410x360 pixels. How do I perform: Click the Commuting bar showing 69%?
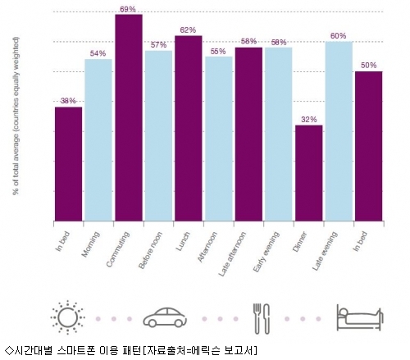tap(129, 117)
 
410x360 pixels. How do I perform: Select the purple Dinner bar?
tap(309, 173)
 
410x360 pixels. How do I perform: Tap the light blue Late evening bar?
tap(339, 131)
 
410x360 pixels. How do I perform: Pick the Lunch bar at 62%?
tap(189, 128)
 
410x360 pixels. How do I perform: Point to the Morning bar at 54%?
tap(98, 140)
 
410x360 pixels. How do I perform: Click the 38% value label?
tap(68, 101)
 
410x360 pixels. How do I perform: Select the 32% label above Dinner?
tap(309, 120)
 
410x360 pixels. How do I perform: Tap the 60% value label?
tap(339, 36)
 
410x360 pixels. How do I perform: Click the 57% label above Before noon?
tap(158, 45)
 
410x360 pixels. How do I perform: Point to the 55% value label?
tap(218, 52)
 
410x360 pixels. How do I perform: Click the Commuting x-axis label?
tap(118, 249)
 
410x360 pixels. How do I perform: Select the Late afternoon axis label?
tap(232, 253)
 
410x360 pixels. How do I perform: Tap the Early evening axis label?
tap(266, 252)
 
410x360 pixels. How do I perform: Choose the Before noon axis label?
tap(150, 250)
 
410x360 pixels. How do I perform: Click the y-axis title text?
tap(16, 116)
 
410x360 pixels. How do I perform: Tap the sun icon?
tap(67, 317)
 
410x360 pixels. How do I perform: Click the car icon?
tap(165, 317)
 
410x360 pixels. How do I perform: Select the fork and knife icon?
tap(261, 318)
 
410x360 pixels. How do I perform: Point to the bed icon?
tap(360, 317)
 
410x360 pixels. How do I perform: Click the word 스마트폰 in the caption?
tap(76, 351)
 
